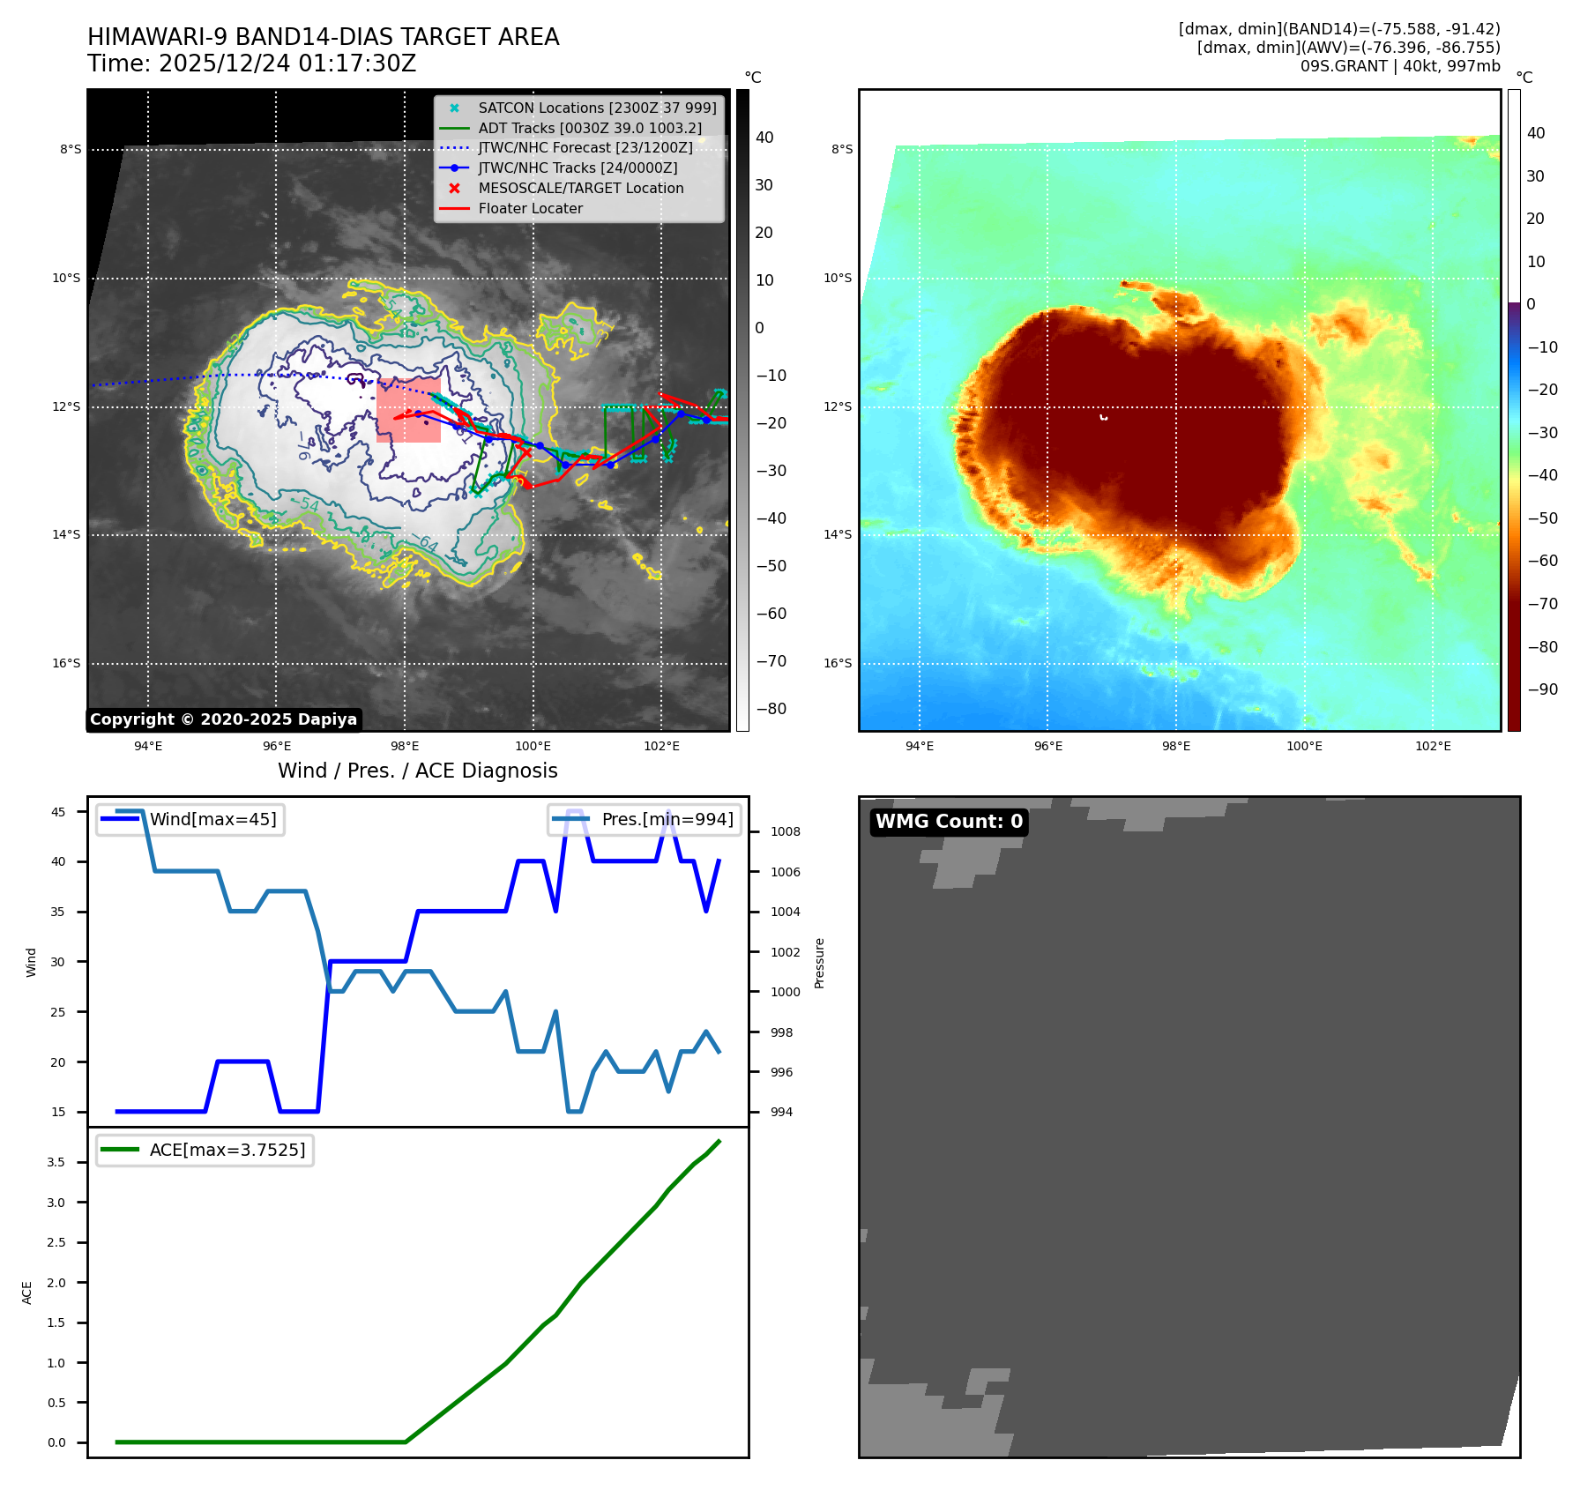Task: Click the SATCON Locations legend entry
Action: [597, 108]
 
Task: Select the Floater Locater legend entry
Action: [530, 209]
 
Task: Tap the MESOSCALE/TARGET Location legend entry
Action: [580, 189]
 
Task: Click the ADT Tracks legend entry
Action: [590, 129]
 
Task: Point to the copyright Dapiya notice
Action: [223, 719]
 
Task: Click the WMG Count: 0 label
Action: [949, 822]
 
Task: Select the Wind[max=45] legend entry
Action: [212, 820]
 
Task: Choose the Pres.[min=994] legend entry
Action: [667, 820]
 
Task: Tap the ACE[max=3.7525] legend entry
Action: [227, 1151]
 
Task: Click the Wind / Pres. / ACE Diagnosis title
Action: [417, 771]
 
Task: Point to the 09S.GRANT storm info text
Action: [1399, 66]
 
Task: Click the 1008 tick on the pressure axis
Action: [785, 832]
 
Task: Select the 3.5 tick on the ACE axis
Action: [56, 1163]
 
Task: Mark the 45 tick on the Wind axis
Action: [58, 812]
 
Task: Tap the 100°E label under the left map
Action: [533, 747]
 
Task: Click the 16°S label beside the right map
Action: [838, 664]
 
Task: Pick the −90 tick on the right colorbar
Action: [1542, 689]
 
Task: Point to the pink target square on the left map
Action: [408, 410]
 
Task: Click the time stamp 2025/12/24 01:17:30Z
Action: [251, 64]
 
